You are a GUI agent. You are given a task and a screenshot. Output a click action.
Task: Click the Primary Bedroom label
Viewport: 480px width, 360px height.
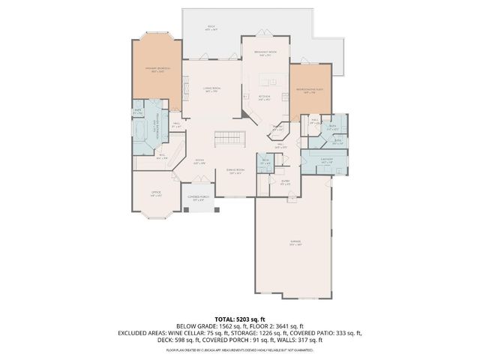coord(158,70)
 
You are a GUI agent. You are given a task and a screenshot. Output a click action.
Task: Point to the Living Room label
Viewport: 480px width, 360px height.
coord(212,90)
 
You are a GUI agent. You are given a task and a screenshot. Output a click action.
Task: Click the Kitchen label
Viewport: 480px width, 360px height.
coord(264,97)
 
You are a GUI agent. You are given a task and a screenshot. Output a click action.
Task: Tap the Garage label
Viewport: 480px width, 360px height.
coord(295,242)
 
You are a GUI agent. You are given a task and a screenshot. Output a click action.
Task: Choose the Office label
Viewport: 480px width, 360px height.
coord(157,194)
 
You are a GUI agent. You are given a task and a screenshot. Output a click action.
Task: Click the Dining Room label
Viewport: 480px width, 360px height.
coord(236,172)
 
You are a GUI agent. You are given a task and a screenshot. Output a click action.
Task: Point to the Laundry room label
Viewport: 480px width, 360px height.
coord(326,160)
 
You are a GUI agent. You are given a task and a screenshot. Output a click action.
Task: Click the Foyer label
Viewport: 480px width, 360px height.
coord(200,160)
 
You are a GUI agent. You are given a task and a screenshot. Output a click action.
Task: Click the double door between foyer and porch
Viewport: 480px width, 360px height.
coord(199,184)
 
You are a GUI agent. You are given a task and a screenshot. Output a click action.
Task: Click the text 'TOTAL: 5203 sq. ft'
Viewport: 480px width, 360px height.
coord(239,319)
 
